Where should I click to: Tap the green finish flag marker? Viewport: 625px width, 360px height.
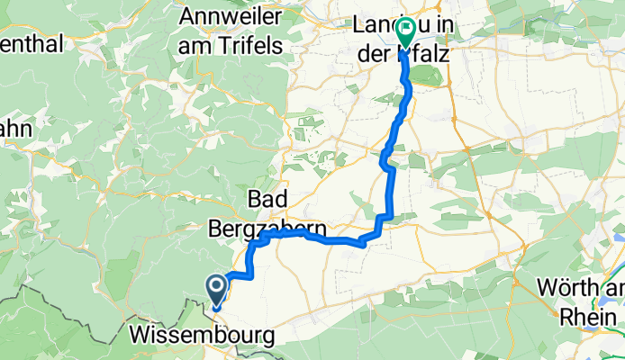[x=404, y=33]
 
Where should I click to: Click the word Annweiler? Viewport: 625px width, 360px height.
[x=231, y=15]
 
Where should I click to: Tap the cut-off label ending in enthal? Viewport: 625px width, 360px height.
[x=31, y=44]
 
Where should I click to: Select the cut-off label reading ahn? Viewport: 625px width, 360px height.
[x=15, y=128]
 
